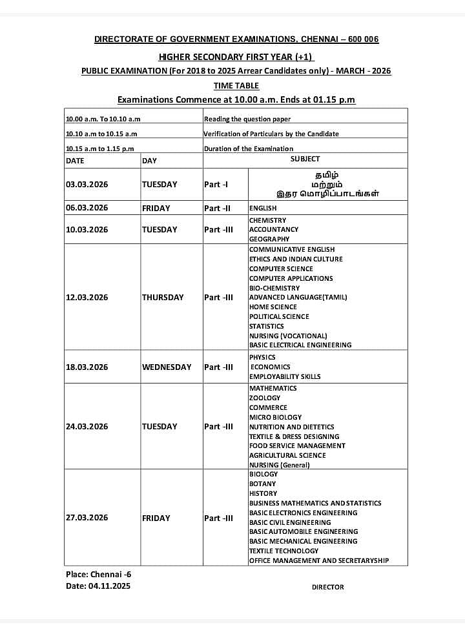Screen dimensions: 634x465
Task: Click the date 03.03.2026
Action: (x=87, y=184)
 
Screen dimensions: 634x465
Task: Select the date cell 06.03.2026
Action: (x=87, y=208)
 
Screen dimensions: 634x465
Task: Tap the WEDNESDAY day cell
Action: (x=167, y=367)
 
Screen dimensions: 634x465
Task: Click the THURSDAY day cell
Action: (x=163, y=297)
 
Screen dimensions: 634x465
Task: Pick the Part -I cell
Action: (x=216, y=184)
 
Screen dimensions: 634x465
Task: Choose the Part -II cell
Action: (x=217, y=208)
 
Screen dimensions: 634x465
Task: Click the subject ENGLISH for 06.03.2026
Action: (x=263, y=208)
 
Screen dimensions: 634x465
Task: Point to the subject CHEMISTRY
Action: (x=267, y=220)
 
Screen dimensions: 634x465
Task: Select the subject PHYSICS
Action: (x=262, y=357)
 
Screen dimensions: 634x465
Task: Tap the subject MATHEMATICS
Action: (x=273, y=388)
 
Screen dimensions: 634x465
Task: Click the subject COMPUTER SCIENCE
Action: (x=281, y=269)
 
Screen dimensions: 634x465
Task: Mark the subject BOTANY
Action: (x=262, y=484)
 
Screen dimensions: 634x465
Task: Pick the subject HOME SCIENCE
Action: (x=273, y=307)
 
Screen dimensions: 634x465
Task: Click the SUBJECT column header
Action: (x=305, y=159)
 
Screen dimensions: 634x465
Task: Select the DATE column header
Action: (x=75, y=161)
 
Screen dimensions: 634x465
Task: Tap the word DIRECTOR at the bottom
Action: (x=327, y=587)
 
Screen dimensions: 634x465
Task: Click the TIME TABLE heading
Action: (x=236, y=85)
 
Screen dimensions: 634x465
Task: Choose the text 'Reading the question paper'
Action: (x=247, y=119)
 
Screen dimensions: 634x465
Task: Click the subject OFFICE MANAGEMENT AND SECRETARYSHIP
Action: (x=319, y=560)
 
